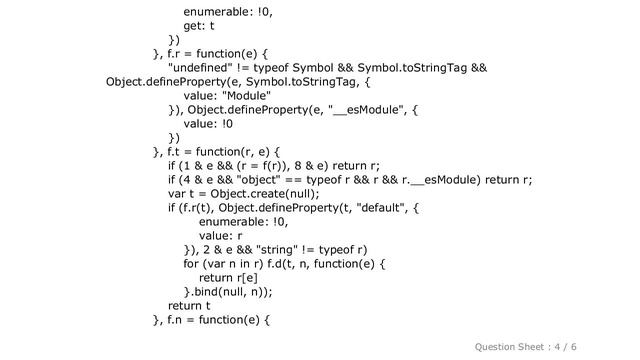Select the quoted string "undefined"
tap(211, 67)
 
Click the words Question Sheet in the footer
tap(509, 346)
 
